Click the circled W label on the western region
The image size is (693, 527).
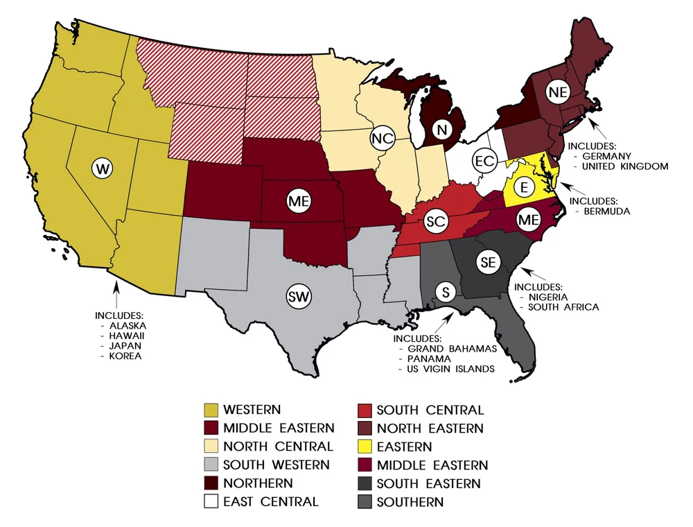103,168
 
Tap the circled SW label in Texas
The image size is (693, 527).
299,296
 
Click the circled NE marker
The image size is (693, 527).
557,92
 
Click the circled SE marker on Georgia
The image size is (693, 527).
488,262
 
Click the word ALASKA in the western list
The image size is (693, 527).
128,325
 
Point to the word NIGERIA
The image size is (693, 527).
552,297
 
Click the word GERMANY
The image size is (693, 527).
608,157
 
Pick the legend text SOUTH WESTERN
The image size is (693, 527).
277,465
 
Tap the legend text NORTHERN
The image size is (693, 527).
258,483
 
